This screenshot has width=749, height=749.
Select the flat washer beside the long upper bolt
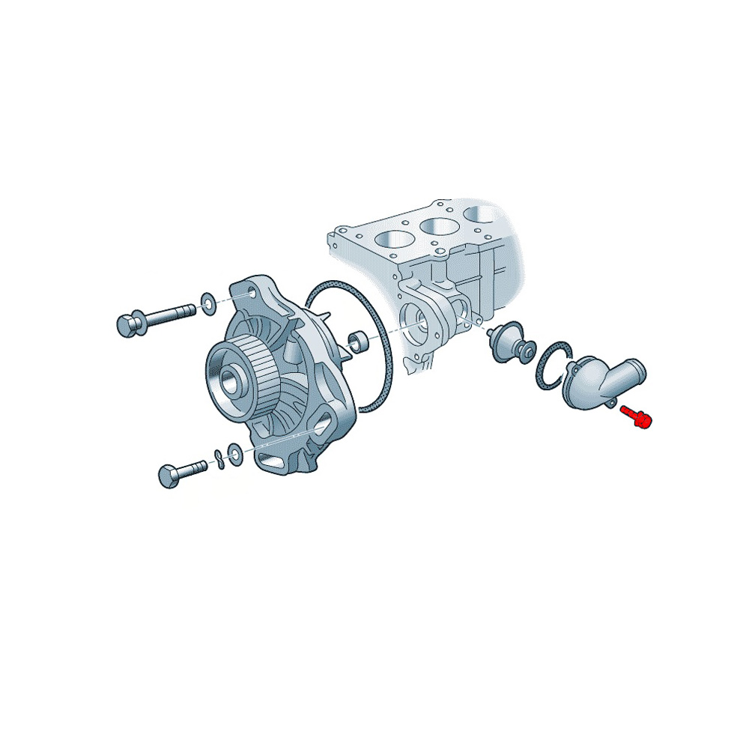coord(207,303)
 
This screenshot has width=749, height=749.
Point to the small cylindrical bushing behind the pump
coord(360,343)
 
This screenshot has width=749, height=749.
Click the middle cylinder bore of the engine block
coord(437,225)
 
